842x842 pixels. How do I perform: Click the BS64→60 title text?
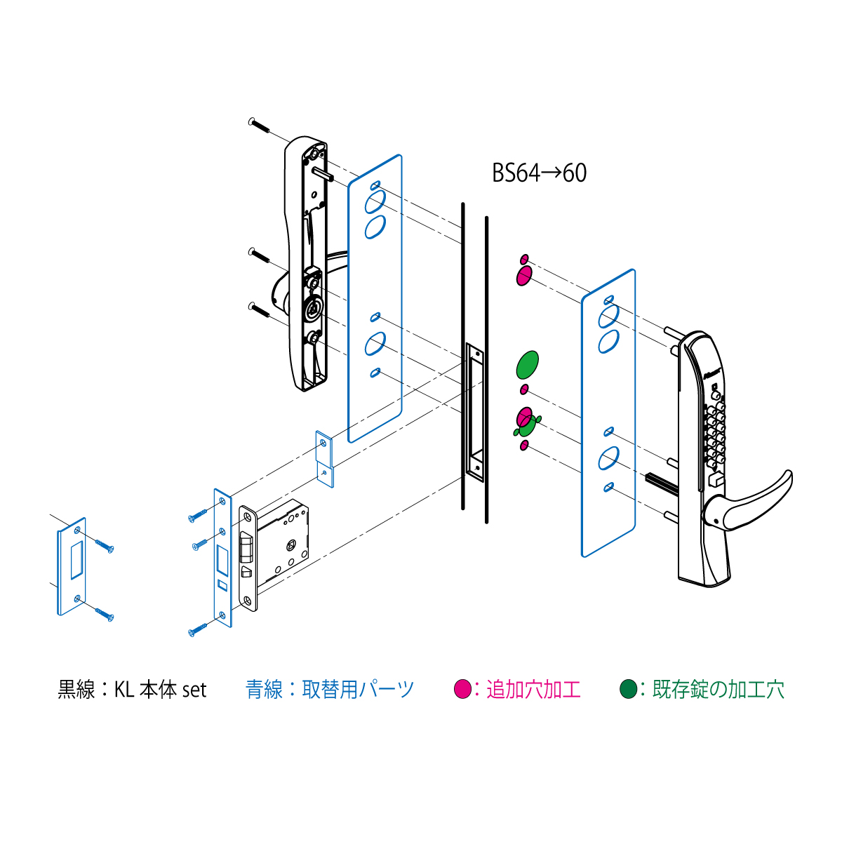click(539, 173)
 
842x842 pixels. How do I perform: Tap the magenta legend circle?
click(462, 689)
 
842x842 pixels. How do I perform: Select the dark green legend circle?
click(628, 689)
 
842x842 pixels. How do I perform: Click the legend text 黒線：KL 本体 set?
click(132, 690)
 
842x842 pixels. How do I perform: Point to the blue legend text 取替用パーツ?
click(358, 690)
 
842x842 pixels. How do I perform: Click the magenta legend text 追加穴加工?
click(533, 690)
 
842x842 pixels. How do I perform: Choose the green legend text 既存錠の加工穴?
click(719, 690)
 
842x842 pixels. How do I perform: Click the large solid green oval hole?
click(528, 364)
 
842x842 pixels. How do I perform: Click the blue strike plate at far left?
click(72, 566)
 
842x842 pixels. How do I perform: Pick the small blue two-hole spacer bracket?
click(325, 459)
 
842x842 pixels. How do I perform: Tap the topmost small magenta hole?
click(524, 260)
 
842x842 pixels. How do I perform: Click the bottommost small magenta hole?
click(524, 446)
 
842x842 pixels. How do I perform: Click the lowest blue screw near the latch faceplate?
click(197, 630)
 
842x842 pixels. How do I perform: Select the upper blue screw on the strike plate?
click(105, 546)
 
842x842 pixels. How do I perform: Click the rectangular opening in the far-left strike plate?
click(77, 560)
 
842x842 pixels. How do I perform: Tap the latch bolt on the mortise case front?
click(246, 547)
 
